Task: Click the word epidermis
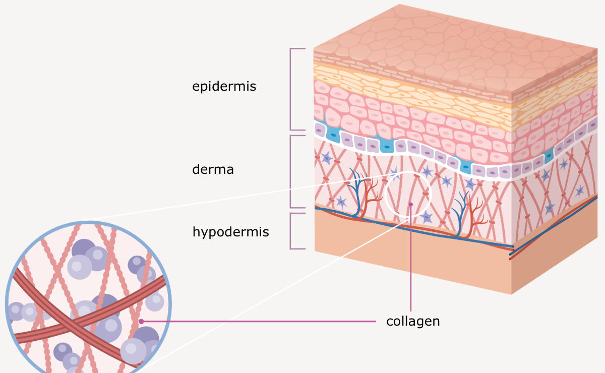[224, 87]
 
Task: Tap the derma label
[213, 169]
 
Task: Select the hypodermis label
[231, 232]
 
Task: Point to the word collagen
[413, 322]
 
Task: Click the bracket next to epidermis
[290, 89]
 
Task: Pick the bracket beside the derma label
[290, 171]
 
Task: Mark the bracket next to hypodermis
[290, 231]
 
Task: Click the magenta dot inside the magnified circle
[141, 322]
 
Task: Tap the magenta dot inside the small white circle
[411, 205]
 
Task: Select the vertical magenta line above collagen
[411, 258]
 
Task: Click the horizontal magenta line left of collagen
[259, 322]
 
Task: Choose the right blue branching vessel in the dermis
[460, 214]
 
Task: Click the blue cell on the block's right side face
[549, 156]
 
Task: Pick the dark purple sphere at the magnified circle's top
[84, 248]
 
